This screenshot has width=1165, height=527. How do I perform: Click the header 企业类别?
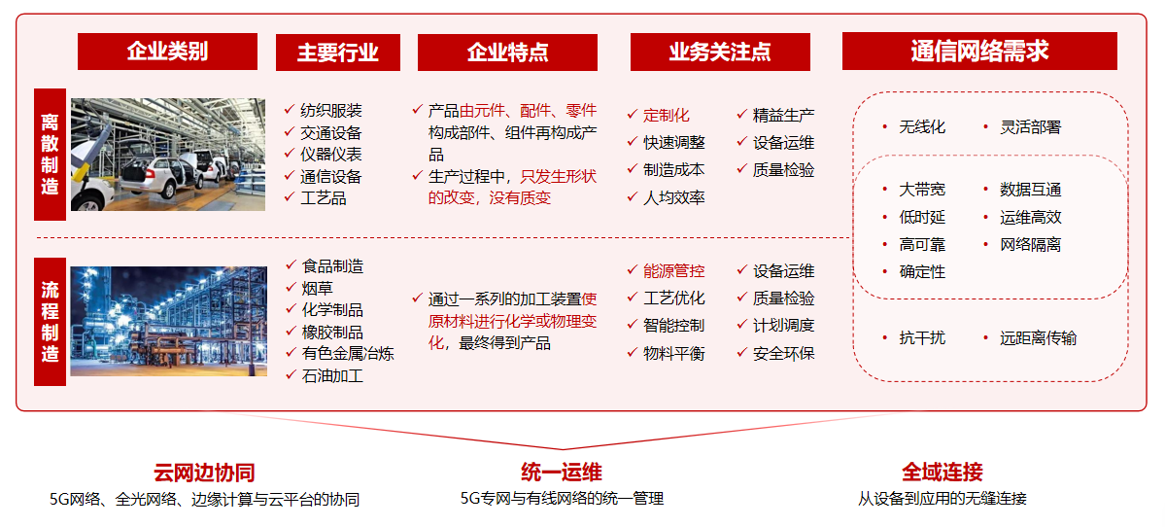tap(167, 52)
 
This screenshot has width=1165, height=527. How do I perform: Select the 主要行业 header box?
tap(338, 53)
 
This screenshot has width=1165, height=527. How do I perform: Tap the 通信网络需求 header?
tap(979, 51)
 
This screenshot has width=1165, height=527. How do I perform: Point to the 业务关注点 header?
tap(720, 53)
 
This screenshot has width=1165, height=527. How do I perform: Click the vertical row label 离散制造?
tap(50, 155)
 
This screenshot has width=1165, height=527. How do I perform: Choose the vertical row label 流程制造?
tap(50, 322)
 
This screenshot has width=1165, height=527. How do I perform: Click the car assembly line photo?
tap(168, 155)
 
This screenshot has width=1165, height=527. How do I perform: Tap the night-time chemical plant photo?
tap(169, 321)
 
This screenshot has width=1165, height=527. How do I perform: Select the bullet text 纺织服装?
tap(331, 111)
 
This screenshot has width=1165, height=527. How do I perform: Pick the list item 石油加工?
tap(332, 375)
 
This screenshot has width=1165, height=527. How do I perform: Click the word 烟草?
tap(317, 288)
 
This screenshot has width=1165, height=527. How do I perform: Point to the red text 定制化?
tap(667, 115)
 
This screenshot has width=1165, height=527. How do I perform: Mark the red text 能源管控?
tap(674, 271)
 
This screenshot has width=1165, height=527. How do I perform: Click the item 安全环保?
tap(784, 353)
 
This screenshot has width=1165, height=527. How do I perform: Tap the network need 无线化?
tap(922, 127)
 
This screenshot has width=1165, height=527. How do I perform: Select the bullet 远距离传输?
tap(1038, 339)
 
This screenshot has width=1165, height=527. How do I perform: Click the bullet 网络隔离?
tap(1031, 245)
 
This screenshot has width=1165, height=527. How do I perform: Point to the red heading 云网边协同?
tap(204, 472)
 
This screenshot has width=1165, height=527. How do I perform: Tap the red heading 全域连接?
tap(942, 472)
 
